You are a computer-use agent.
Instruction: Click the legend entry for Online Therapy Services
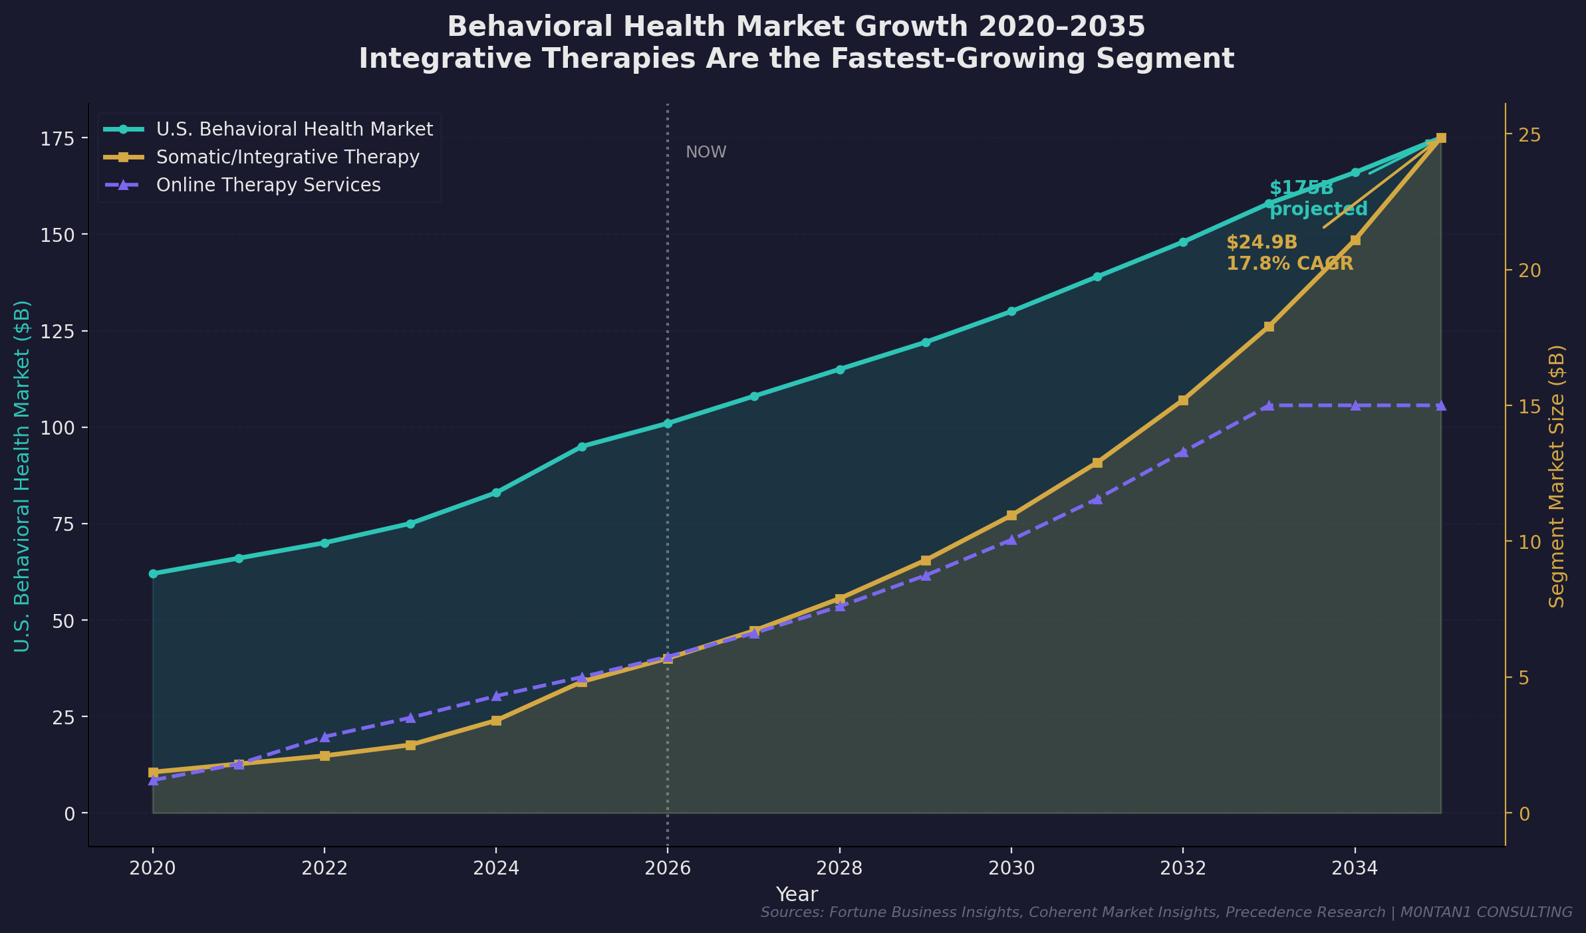coord(268,185)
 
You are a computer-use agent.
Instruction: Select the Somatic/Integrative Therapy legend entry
coord(287,157)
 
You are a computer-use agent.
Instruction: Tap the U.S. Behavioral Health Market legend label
coord(294,129)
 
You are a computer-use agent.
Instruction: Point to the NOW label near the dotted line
coord(706,152)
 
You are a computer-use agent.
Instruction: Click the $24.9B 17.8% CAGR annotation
coord(1289,253)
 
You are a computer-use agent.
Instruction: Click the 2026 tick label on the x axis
coord(667,869)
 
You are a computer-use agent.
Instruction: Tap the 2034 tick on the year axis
coord(1355,869)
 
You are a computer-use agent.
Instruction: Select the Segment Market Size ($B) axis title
coord(1557,476)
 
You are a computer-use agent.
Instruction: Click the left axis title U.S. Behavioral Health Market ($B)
coord(22,476)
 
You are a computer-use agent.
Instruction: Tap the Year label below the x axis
coord(797,894)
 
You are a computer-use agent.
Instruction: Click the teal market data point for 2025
coord(582,447)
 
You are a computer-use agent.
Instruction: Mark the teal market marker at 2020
coord(153,573)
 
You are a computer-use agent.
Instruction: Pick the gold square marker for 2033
coord(1269,326)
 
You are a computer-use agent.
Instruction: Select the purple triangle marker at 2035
coord(1440,405)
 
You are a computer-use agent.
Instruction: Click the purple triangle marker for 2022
coord(325,736)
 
